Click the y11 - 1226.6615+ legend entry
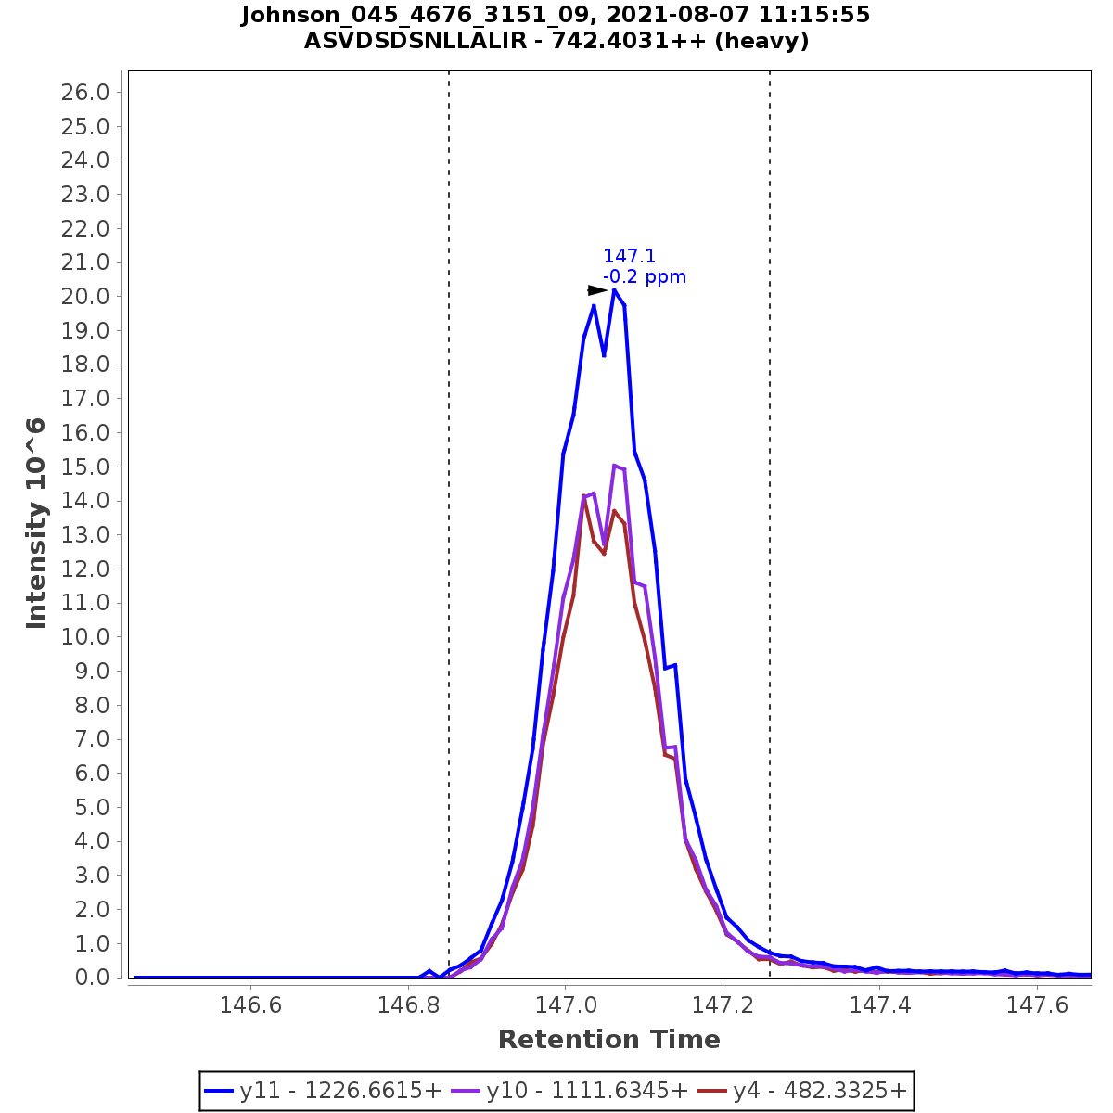(323, 1091)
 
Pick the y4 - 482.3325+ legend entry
(803, 1091)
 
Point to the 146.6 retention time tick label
(249, 1005)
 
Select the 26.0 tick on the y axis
(85, 93)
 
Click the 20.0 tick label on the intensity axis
(85, 297)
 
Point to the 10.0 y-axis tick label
(85, 637)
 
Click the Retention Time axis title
(608, 1040)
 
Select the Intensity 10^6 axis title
(36, 523)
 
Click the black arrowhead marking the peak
(597, 290)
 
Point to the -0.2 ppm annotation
(645, 277)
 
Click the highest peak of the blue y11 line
(614, 290)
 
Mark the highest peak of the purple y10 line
(614, 466)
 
